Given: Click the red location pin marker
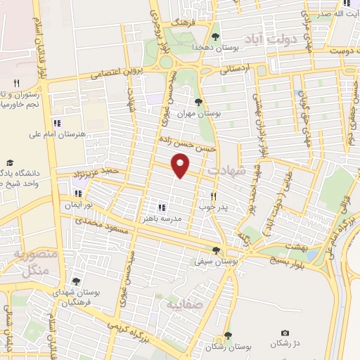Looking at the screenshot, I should click(181, 166).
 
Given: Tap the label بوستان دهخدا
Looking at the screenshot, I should click(215, 48).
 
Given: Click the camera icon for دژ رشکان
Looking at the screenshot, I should click(284, 333).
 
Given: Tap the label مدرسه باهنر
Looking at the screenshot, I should click(162, 218).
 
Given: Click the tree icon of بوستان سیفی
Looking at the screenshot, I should click(216, 250).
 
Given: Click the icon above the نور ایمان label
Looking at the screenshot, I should click(79, 193).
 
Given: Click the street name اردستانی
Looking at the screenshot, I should click(233, 70).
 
